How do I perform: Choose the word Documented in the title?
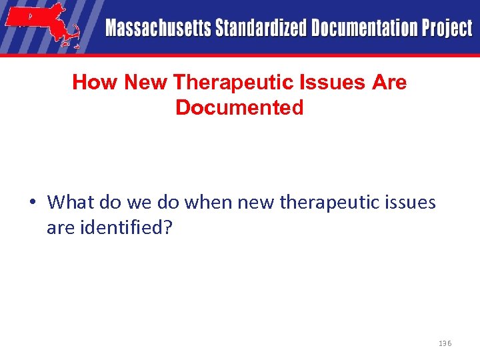239,107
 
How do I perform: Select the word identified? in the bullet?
121,229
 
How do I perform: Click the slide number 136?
445,343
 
